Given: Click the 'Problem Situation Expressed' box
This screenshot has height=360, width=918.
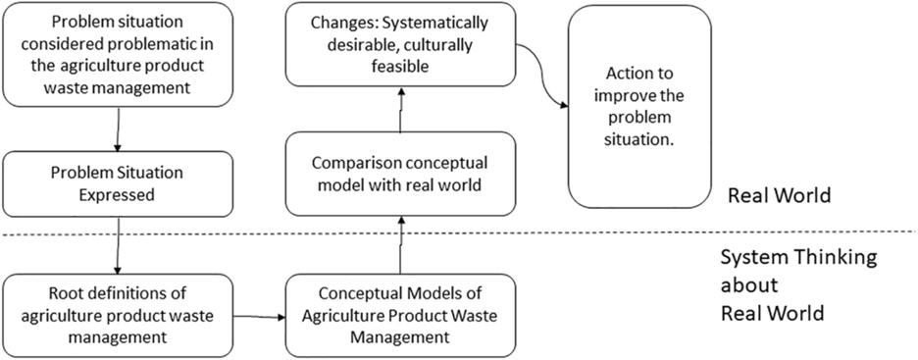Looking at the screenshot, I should coord(118,183).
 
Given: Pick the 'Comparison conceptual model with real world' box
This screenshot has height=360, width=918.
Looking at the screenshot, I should coord(400,175).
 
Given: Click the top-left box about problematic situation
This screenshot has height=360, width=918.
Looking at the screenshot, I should coord(118,53).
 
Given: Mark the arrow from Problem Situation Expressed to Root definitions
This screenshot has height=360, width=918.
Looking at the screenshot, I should coord(119,245).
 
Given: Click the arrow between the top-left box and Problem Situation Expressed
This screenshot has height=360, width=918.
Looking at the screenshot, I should coord(119,128).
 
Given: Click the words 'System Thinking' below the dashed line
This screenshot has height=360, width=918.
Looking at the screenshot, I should coord(796,257).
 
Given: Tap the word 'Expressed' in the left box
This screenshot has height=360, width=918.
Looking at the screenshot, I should coord(118,194).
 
